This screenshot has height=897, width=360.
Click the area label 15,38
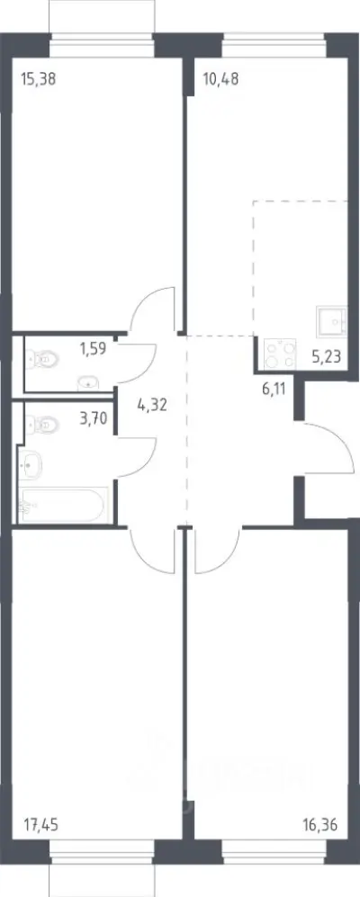click(38, 79)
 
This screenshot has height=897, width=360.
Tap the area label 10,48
click(220, 79)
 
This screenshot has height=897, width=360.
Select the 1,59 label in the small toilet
click(94, 348)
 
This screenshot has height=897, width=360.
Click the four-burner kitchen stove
click(280, 354)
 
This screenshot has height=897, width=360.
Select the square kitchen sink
click(331, 322)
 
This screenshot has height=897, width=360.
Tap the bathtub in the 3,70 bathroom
click(62, 505)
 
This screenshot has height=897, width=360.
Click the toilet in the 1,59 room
click(42, 360)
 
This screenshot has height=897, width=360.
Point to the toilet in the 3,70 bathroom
click(42, 425)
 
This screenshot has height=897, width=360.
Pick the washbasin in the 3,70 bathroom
click(30, 464)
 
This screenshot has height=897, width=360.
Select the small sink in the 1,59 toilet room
click(87, 382)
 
